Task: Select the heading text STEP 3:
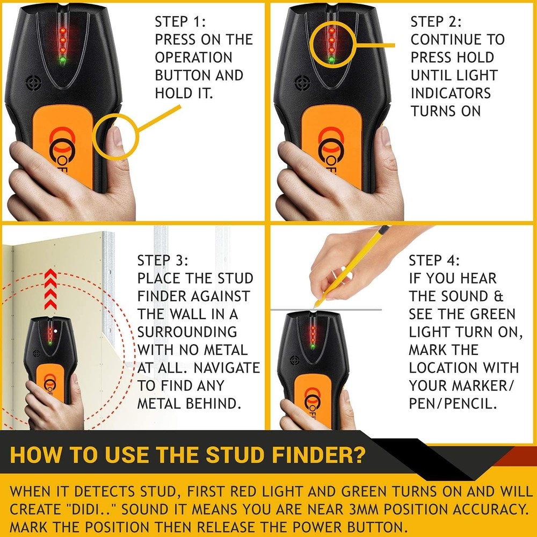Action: pyautogui.click(x=163, y=261)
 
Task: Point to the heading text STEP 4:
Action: pyautogui.click(x=434, y=261)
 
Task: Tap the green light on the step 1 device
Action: pyautogui.click(x=62, y=61)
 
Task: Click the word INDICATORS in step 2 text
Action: pyautogui.click(x=451, y=93)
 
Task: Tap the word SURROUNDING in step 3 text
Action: pyautogui.click(x=187, y=332)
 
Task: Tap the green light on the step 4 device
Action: pyautogui.click(x=313, y=346)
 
